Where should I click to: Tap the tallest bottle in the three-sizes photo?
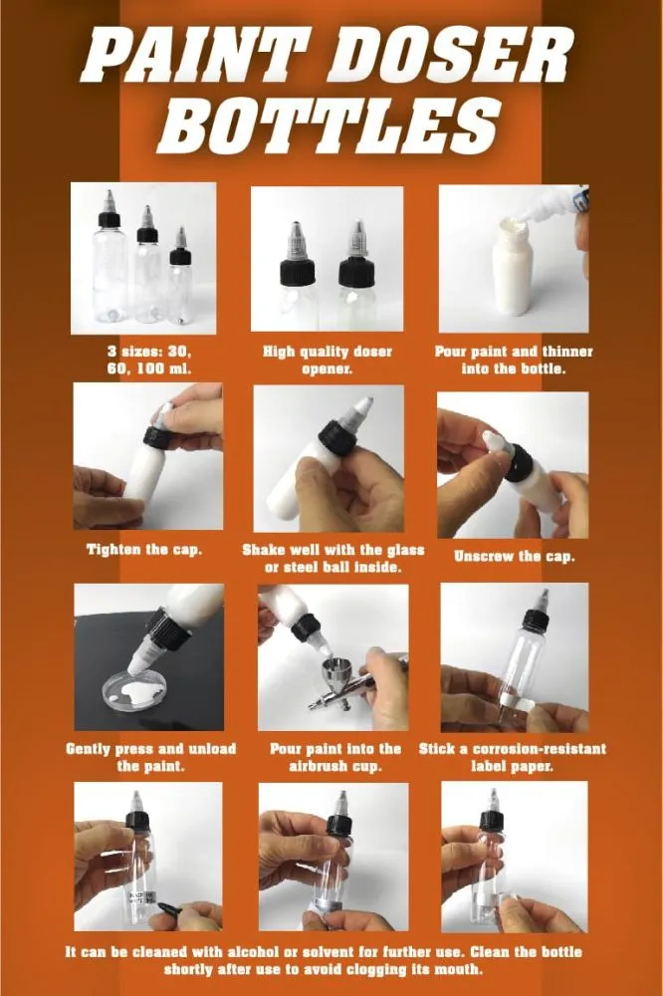(x=110, y=264)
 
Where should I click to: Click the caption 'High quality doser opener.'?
(x=327, y=360)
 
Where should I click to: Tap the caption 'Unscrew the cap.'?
(x=514, y=556)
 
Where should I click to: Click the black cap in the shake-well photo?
(x=337, y=436)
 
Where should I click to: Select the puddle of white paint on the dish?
(x=149, y=686)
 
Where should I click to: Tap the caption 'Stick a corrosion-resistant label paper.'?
(x=512, y=757)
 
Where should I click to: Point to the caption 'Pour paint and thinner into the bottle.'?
(x=512, y=360)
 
